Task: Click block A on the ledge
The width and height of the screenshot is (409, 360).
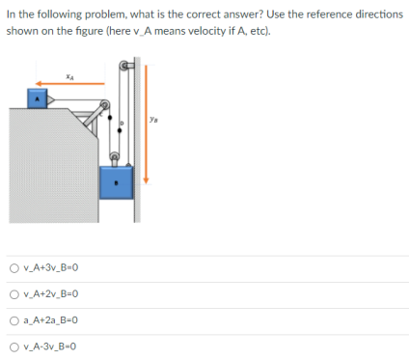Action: coord(36,97)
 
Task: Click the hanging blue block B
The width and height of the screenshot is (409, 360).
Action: coord(117,181)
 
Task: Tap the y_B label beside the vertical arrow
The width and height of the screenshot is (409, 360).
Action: coord(154,121)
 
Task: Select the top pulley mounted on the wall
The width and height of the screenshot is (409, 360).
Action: coord(123,69)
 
